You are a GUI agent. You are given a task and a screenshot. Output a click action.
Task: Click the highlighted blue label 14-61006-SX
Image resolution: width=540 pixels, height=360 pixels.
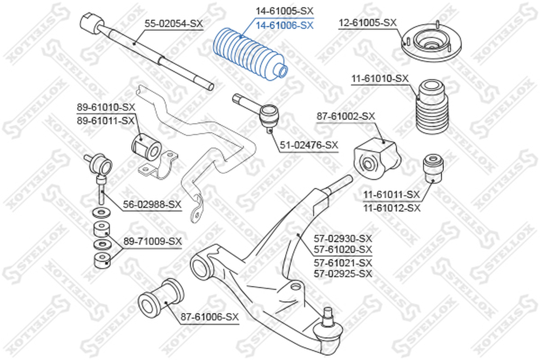pyautogui.click(x=284, y=25)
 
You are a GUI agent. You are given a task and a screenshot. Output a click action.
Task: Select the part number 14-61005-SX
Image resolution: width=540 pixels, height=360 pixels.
pyautogui.click(x=284, y=11)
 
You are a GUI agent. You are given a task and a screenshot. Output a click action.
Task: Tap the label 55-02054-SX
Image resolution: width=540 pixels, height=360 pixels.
pyautogui.click(x=173, y=23)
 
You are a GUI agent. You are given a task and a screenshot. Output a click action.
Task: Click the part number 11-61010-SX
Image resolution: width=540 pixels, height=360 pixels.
pyautogui.click(x=380, y=78)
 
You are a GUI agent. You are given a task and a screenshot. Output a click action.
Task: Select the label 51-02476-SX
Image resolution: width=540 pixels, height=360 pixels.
pyautogui.click(x=309, y=145)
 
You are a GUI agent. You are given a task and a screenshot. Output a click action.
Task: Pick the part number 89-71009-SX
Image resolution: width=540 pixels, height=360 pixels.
pyautogui.click(x=152, y=241)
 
